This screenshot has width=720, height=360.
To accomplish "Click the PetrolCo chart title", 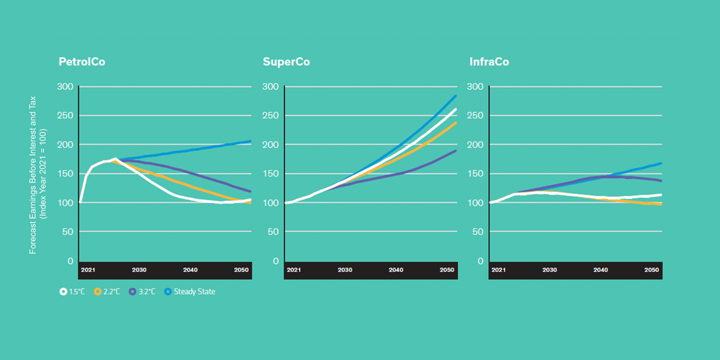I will click(82, 62).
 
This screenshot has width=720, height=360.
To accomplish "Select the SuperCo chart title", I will click(286, 62).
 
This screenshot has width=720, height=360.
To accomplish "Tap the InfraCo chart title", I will click(489, 62).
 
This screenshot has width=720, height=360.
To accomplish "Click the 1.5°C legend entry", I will click(72, 291).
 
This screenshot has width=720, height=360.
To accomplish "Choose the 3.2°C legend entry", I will click(141, 291).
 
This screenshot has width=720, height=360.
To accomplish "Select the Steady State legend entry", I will click(189, 291).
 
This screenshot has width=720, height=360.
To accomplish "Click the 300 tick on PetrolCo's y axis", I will click(66, 86).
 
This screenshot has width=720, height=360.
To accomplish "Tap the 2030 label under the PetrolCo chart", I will click(139, 270).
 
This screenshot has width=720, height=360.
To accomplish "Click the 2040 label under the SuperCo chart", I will click(396, 270).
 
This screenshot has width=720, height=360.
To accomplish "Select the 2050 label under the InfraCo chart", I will click(651, 270).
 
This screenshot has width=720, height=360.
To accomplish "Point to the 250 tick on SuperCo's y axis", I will click(270, 116).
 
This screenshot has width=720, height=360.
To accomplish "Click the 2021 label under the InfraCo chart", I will click(498, 270).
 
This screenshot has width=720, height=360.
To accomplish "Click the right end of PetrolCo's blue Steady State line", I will click(250, 141).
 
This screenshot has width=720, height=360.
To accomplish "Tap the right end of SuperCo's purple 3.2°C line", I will click(455, 151).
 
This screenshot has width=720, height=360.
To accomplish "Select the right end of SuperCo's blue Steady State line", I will click(455, 96).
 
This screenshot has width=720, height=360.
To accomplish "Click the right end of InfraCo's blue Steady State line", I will click(661, 163).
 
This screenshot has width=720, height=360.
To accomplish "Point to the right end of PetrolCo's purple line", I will click(250, 191).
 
